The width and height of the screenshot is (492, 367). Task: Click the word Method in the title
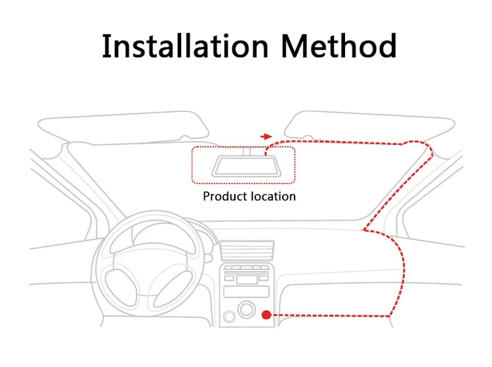pos(338,46)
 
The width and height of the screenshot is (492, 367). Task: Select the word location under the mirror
pos(272,196)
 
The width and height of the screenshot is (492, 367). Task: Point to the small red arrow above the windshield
pos(266,136)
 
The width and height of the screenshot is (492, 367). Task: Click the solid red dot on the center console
pos(266,315)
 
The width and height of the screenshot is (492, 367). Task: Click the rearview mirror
pos(243,166)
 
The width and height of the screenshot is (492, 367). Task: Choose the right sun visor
pos(371,126)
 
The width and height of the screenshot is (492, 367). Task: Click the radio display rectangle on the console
pos(247,279)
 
